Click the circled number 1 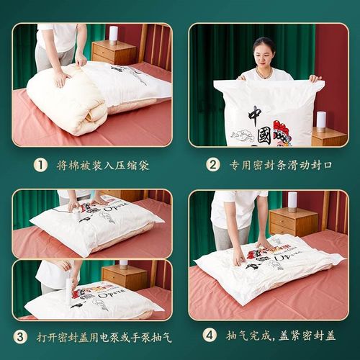41,165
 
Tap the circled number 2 213,165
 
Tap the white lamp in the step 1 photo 113,34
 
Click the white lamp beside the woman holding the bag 321,120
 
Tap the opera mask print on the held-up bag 282,132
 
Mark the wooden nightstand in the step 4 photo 294,223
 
